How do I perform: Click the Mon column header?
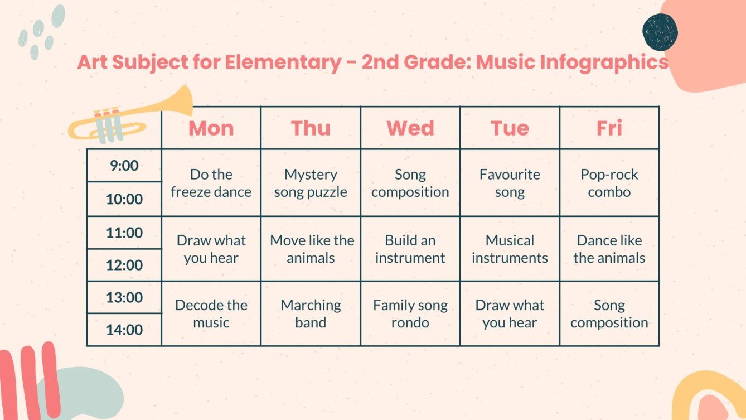coord(211,128)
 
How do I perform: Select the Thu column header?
coord(311,128)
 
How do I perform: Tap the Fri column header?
coord(609,128)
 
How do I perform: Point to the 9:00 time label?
coord(124,166)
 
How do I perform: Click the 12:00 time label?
coord(124,265)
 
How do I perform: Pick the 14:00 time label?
coord(124,330)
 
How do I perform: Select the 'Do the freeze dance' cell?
coord(211,183)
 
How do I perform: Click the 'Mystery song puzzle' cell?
coord(311,183)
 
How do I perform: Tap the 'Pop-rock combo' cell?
coord(609,183)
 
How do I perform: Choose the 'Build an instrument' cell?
coord(410,249)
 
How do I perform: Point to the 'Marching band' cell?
coord(311,313)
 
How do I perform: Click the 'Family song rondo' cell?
coord(410,313)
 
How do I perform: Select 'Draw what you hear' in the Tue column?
coord(510,313)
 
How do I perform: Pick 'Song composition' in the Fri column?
coord(609,313)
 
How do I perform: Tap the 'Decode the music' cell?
coord(211,313)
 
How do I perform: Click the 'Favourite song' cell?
coord(510,183)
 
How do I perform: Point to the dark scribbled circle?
coord(660,32)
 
